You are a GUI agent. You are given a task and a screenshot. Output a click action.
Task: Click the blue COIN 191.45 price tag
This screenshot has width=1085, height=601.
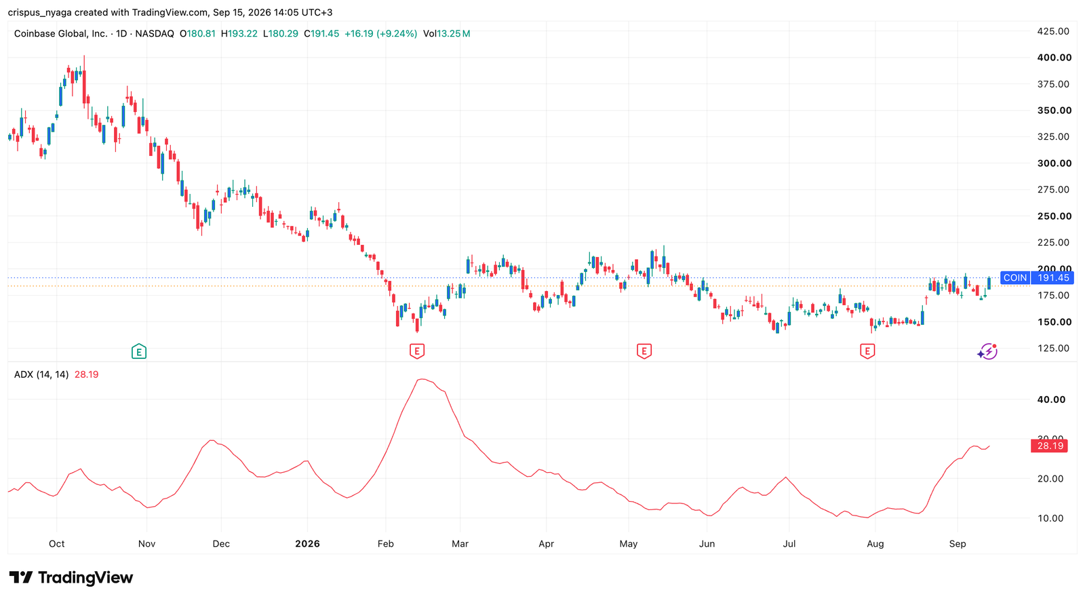coord(1037,277)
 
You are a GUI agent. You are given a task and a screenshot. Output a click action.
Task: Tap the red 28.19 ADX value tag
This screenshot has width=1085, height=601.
coord(1049,446)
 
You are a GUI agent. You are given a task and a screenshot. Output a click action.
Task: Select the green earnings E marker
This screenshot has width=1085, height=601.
coord(139,351)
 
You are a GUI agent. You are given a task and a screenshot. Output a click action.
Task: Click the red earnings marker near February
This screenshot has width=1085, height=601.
coord(417,351)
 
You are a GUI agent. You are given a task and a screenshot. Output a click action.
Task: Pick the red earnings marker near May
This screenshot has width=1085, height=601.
coord(644,351)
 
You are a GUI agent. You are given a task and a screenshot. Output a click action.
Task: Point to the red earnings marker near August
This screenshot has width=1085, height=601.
coord(867,351)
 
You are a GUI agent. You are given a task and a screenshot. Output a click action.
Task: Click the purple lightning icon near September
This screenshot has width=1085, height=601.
coord(987,351)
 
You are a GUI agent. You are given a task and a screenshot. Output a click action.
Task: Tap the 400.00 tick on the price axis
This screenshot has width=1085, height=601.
coord(1054,58)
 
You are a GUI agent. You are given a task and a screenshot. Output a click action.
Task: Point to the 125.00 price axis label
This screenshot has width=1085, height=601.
coord(1053,348)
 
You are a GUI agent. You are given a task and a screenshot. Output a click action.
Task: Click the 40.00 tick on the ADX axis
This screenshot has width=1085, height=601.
coord(1051,400)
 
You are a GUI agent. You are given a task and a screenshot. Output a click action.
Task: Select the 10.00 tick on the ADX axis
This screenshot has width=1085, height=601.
coord(1050,518)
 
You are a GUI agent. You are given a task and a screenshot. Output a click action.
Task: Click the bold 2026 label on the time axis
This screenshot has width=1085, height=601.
coord(308,544)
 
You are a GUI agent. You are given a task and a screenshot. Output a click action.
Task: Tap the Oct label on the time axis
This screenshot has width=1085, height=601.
coord(57,544)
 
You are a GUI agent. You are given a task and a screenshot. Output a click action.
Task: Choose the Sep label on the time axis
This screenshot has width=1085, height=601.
coord(958,544)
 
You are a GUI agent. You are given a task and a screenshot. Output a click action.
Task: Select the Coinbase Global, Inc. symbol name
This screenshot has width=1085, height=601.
coord(60,33)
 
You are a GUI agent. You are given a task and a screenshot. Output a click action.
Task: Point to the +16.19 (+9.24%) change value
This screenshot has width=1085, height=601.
coord(380,33)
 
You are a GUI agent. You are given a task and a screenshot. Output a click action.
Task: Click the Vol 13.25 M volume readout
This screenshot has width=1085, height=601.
coord(447,33)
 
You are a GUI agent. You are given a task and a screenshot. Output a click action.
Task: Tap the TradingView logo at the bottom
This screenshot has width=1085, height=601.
coord(71,577)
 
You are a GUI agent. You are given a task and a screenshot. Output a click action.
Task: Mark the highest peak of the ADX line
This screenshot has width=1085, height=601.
coord(422,379)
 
